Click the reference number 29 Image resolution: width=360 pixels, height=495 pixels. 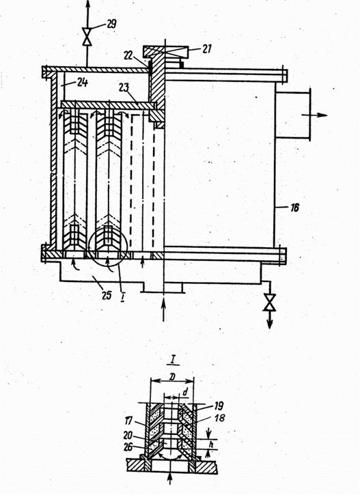(111, 24)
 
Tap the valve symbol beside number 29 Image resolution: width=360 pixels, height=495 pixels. (87, 37)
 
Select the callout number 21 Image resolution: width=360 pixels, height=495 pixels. (206, 49)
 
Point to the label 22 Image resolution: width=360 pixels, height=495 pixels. (129, 55)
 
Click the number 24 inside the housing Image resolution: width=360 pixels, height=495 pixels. (83, 83)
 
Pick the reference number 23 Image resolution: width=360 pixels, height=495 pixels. (124, 87)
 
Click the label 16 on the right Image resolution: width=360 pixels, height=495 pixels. (294, 208)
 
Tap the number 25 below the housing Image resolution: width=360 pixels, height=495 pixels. (107, 295)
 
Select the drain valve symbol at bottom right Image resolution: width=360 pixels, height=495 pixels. (269, 302)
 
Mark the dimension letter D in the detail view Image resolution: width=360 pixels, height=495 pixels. (172, 377)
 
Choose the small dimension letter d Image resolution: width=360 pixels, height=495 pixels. (185, 392)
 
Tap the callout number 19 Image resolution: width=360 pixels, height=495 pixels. (219, 406)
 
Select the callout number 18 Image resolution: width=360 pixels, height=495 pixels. (220, 418)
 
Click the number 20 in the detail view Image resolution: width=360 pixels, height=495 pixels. (128, 436)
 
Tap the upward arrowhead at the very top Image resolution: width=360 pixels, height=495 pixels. (88, 3)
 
